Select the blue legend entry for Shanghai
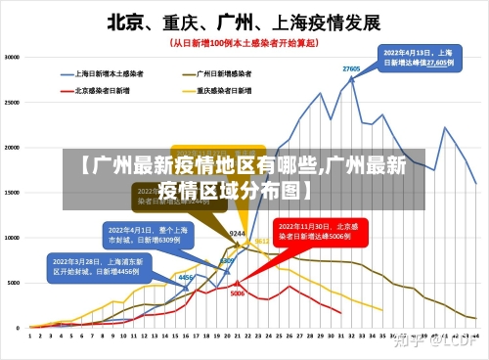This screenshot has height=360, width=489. tap(109, 73)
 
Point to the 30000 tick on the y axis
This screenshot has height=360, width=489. tap(15, 58)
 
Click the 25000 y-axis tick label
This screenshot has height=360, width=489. tap(15, 103)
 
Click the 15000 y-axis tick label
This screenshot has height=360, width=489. tap(15, 193)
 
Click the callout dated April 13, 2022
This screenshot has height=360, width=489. tap(418, 57)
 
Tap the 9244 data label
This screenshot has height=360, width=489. tap(237, 234)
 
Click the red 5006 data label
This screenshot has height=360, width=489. tap(238, 292)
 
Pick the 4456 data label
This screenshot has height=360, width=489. tap(183, 278)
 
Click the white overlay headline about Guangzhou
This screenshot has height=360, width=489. tap(244, 177)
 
